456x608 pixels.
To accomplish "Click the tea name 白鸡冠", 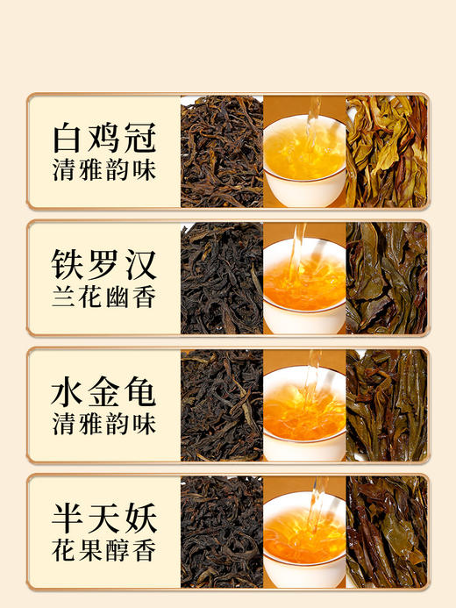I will pos(104,138).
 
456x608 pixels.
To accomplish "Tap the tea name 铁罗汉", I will pos(104,265).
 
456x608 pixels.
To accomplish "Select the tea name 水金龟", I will pos(104,392).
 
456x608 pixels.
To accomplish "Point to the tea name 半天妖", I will pos(104,519).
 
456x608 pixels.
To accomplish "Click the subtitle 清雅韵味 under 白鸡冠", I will pos(104,171).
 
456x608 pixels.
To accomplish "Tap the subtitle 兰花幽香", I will pos(104,298).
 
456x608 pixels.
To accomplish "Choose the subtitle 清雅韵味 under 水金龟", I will pos(104,426).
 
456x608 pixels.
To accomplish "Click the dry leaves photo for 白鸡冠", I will pos(222,151).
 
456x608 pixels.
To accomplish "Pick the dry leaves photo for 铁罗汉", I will pos(222,277).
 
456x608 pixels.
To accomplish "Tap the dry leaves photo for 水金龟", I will pos(222,404).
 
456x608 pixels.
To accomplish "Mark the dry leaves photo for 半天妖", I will pos(222,532).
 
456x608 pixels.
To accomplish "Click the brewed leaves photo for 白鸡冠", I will pos(386,151).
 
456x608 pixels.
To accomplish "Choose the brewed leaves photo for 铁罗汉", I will pos(386,277).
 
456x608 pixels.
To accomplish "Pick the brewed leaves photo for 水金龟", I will pos(386,404).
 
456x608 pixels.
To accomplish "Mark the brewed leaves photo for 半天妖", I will pos(386,532).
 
